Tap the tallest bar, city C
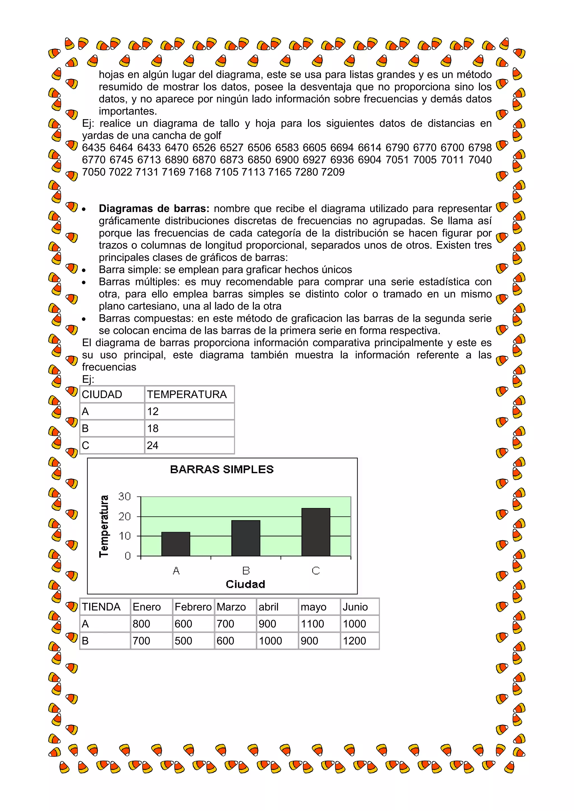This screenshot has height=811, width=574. point(316,532)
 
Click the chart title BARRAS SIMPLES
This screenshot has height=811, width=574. point(222,469)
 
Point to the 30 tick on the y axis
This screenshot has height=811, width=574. point(124,497)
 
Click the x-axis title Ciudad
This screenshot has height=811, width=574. point(245,584)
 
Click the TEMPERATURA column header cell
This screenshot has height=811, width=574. point(187,394)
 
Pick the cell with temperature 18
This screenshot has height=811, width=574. point(153,428)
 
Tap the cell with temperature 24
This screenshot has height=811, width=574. point(153,446)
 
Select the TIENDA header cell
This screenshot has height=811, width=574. point(101,607)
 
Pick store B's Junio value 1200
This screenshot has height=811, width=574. point(354,641)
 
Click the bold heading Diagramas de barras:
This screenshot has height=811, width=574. point(154,208)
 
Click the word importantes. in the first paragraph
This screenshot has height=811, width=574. point(128,111)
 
